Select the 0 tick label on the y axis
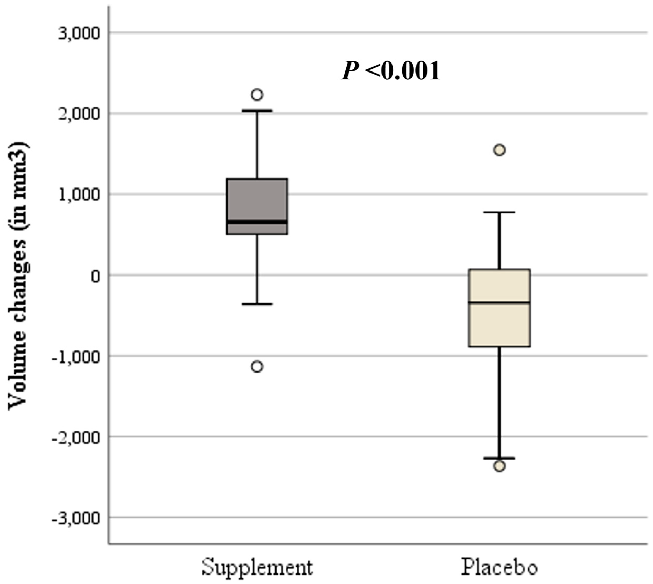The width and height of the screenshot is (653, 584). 96,276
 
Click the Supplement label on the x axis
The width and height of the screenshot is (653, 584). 257,568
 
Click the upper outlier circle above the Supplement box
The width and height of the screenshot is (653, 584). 257,95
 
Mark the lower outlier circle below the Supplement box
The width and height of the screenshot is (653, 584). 257,366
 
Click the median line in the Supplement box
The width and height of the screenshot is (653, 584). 257,222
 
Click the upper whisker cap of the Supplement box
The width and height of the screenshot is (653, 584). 257,110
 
